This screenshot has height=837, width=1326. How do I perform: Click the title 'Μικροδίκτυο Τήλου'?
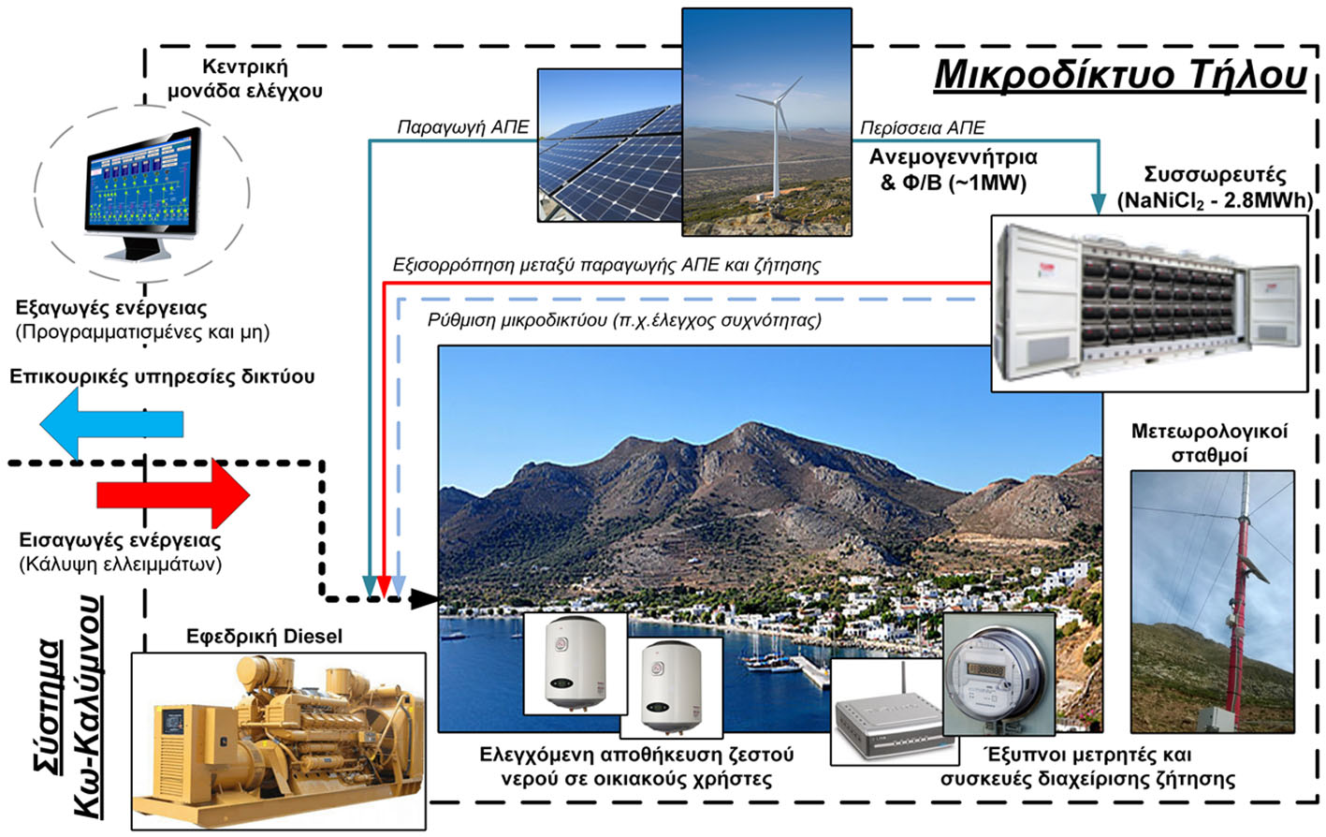coord(1120,75)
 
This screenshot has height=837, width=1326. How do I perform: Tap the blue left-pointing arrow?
coord(112,424)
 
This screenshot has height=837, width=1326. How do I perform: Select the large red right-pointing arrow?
coord(173,494)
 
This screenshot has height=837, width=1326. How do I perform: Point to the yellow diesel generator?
coord(278,741)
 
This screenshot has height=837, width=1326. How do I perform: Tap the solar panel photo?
coord(610,146)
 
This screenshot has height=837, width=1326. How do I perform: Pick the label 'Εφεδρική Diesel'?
coord(264,637)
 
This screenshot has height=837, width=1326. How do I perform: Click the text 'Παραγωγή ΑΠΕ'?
coord(463,127)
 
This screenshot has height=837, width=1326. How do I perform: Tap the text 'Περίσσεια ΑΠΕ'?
coord(923,127)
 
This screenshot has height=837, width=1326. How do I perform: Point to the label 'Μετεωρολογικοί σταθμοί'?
coord(1209,443)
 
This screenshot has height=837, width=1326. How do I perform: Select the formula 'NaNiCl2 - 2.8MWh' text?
coord(1215,200)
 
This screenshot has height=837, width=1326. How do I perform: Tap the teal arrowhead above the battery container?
coord(1098,204)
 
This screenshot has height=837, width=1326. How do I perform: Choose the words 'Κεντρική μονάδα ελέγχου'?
coord(245,79)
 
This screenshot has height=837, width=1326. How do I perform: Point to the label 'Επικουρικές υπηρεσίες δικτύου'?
coord(162,376)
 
